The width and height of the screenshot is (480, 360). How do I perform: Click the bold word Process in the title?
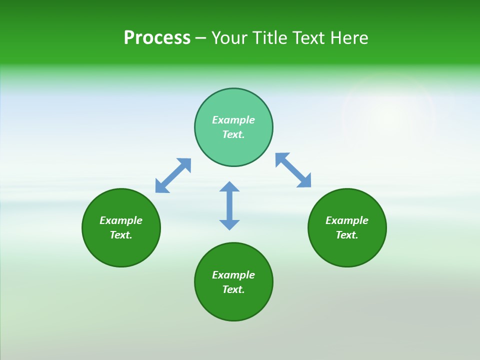pos(157,38)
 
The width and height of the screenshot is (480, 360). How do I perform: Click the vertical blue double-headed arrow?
pos(229,205)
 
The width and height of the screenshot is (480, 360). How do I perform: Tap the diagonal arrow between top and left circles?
pos(173,175)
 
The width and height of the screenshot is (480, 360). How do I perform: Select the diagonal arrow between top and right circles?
pos(293,170)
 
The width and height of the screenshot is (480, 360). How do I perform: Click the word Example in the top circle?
pos(233,120)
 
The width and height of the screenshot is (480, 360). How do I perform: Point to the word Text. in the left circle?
pos(121,235)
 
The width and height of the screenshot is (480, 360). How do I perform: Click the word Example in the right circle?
pos(347,220)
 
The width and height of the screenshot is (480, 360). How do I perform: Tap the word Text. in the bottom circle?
pos(233,289)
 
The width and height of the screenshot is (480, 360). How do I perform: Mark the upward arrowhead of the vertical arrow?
pos(229,186)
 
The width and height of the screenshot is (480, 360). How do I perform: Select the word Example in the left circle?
pos(121,220)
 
